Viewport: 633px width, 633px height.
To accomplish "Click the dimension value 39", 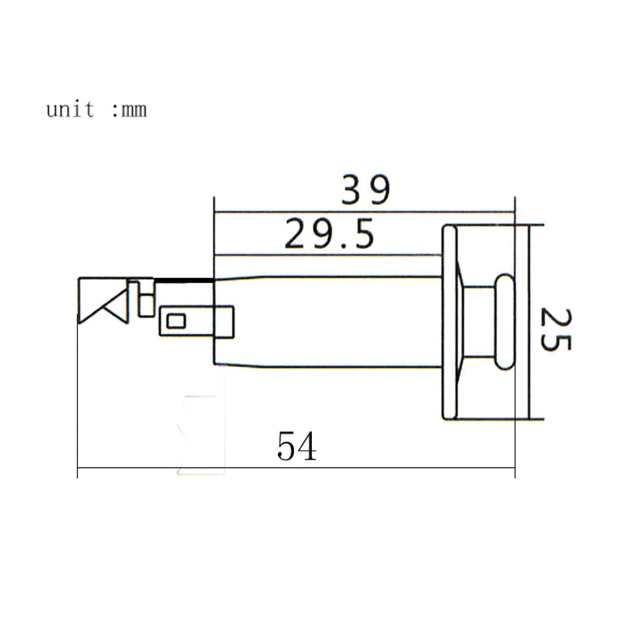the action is point(366,189).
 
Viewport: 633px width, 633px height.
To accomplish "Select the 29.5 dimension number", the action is point(329,234).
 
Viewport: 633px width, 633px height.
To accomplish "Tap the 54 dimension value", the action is point(297,446).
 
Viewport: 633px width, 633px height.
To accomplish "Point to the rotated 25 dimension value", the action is point(555,329).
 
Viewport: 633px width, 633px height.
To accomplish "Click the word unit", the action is point(70,109).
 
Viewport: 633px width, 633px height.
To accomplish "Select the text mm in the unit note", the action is point(134,110).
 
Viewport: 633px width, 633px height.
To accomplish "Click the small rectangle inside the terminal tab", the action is point(176,321).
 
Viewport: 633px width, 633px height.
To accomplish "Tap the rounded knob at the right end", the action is point(504,322).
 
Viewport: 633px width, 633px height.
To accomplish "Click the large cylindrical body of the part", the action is point(328,321).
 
